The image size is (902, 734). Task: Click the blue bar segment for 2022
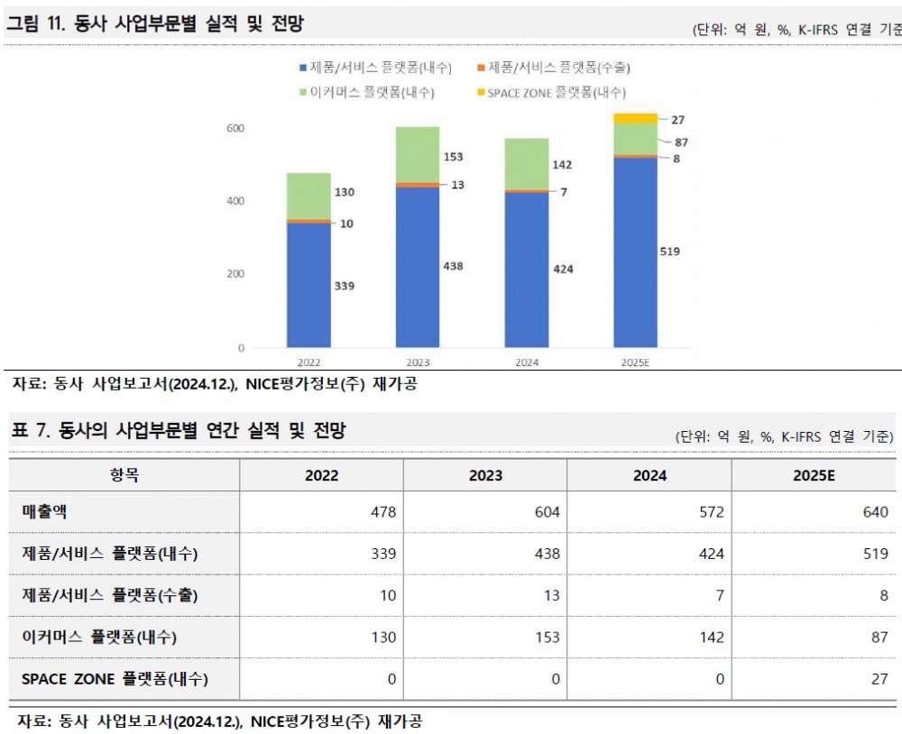coord(308,285)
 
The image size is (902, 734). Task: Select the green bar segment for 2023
coord(417,154)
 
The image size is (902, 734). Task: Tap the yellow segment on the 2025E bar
coord(635,118)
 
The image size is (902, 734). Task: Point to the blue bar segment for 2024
coord(527,270)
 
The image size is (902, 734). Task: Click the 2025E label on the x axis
coord(635,362)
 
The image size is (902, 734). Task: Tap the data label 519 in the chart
coord(669,252)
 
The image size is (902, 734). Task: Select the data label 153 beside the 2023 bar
coord(453,157)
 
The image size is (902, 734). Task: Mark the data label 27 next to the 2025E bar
coord(678,119)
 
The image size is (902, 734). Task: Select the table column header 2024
coord(649,475)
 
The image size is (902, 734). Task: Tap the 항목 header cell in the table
coord(124,475)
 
